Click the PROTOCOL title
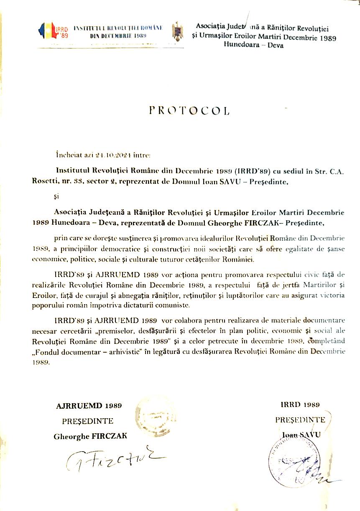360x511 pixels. pyautogui.click(x=189, y=111)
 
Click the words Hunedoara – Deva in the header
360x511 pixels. pyautogui.click(x=254, y=45)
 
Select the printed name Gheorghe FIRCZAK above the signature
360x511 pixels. pyautogui.click(x=90, y=436)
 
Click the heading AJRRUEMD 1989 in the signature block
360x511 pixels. pyautogui.click(x=89, y=405)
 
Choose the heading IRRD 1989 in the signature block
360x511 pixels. pyautogui.click(x=300, y=404)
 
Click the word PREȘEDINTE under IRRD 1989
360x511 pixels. pyautogui.click(x=300, y=420)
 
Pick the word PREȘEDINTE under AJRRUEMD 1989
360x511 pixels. pyautogui.click(x=88, y=421)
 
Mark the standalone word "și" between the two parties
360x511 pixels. pyautogui.click(x=57, y=197)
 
